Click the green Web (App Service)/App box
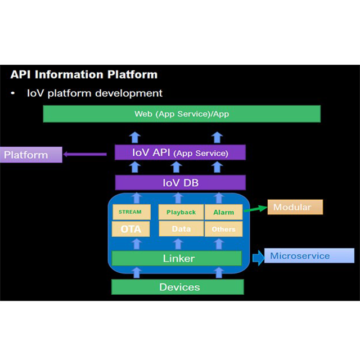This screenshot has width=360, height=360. click(182, 114)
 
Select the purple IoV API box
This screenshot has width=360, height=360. click(180, 152)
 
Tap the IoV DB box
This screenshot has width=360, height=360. click(180, 182)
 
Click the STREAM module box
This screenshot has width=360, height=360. click(131, 212)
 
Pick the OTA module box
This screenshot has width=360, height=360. click(131, 229)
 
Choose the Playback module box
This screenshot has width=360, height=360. click(181, 212)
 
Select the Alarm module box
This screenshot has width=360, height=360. click(223, 212)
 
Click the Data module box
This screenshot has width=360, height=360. click(181, 229)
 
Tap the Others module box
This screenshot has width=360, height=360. click(223, 229)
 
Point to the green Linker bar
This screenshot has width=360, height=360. click(177, 258)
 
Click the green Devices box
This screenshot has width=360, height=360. click(178, 287)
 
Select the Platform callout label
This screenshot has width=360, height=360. click(30, 154)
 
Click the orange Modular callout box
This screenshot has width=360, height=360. click(295, 207)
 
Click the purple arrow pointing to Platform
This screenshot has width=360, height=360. click(85, 154)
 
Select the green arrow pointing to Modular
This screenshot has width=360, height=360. click(254, 210)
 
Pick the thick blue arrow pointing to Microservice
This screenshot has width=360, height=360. click(258, 258)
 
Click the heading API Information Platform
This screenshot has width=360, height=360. click(84, 74)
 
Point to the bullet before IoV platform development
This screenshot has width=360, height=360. click(13, 93)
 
